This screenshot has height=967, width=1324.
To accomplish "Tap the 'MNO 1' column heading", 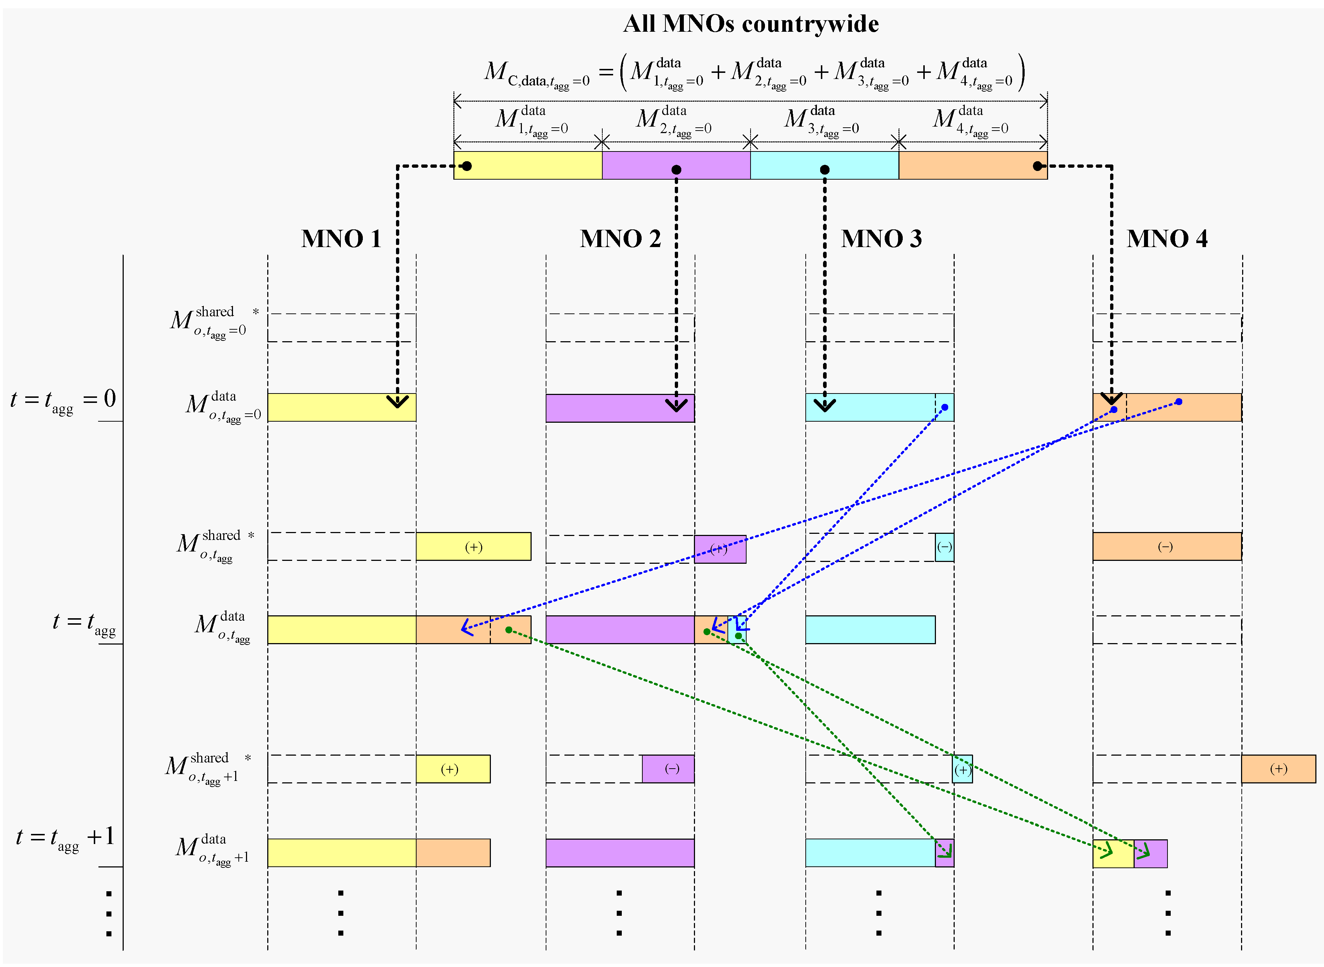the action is coord(341,239).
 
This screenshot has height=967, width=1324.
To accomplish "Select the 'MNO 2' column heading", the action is coord(620,239).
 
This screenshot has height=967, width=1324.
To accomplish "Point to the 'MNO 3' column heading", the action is coord(881,239).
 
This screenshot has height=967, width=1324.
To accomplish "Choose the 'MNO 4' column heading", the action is coord(1167,239).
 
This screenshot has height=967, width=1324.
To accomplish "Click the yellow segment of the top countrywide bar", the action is coord(528,165).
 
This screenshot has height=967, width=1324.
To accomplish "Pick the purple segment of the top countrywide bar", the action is coord(676,165).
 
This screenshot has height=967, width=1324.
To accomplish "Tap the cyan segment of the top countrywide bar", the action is coord(825,165).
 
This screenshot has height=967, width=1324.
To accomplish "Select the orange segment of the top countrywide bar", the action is coord(973,165).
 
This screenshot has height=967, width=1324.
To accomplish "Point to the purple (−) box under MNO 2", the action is coord(668,769).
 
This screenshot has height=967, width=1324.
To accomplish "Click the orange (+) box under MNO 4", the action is coord(1278,769).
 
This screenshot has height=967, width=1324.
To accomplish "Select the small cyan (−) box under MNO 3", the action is coord(945,547).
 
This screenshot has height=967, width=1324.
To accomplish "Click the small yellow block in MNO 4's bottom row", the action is coord(1113,853).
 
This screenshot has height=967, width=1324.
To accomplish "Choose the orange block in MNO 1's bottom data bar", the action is coord(453,852).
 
